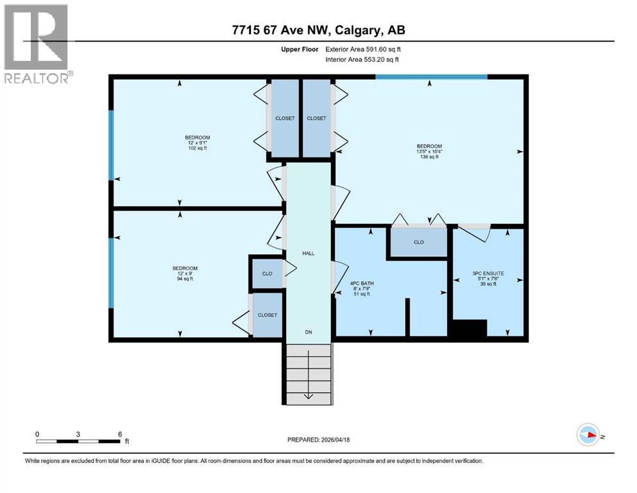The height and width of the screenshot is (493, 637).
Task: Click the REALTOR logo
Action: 37,43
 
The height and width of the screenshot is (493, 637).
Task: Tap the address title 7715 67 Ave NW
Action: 318,30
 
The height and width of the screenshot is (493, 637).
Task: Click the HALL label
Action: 309,254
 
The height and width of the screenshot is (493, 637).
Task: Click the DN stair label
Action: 309,332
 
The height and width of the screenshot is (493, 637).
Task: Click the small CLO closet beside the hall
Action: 267,273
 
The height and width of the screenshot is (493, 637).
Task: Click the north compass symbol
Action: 587,435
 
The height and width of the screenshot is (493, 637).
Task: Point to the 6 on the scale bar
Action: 119,434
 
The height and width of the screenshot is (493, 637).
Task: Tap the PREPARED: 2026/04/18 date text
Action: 318,440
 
